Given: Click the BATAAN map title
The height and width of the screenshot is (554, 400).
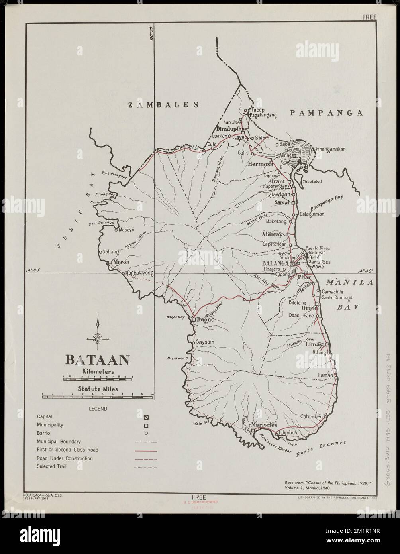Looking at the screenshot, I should pos(97,360).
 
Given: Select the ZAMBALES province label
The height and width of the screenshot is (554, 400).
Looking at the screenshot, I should pos(163,105).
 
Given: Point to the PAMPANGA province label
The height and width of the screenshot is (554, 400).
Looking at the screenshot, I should pos(326,113).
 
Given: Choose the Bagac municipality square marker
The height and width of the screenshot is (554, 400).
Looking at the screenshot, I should pos(194,320).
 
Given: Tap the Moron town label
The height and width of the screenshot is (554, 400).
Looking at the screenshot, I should pos(122,262).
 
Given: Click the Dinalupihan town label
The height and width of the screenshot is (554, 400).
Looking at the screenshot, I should pos(232,129).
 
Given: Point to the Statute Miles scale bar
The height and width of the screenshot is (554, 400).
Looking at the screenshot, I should pos(97,395).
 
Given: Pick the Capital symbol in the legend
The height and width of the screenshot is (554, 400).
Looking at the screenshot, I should pos(146,417).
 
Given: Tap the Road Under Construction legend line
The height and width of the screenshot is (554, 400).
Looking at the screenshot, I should pos(146,458).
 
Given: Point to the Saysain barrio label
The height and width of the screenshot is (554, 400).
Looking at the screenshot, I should pos(206,342).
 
